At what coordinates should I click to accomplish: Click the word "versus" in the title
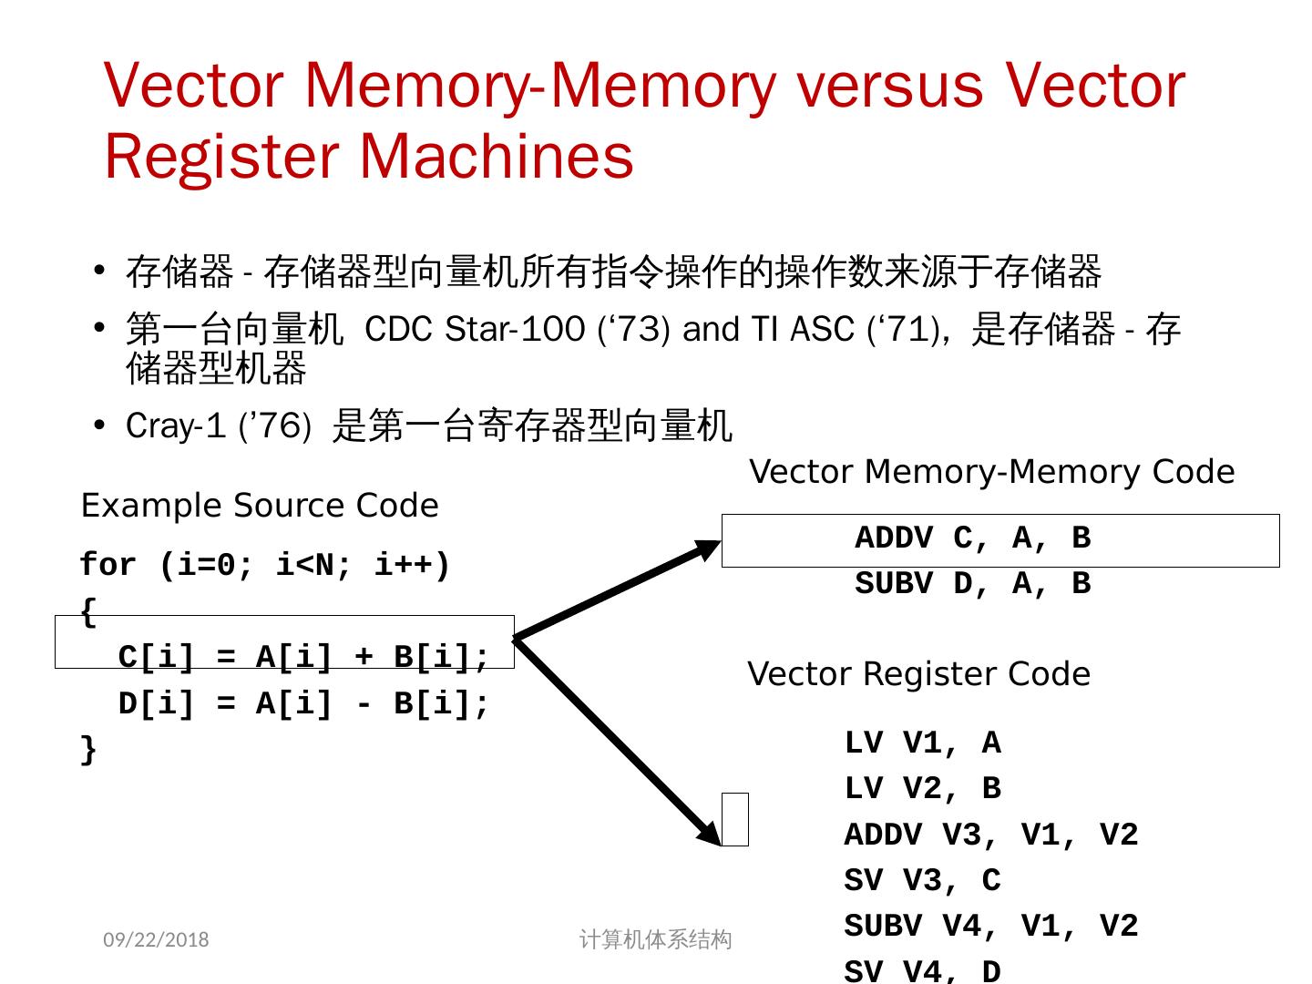(x=889, y=86)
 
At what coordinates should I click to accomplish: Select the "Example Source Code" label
(x=260, y=506)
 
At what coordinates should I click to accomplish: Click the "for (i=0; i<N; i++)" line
(x=265, y=566)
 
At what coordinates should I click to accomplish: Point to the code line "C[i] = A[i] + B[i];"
(x=303, y=657)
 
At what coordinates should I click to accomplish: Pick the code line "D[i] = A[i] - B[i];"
(x=303, y=703)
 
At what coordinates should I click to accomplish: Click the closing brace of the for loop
(x=88, y=750)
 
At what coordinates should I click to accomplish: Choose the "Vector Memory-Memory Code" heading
(x=991, y=472)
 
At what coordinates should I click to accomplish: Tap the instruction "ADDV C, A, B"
(x=972, y=538)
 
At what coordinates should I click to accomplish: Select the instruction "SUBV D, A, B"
(x=972, y=584)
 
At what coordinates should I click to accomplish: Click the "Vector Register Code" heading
(x=918, y=674)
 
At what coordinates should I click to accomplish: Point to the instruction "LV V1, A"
(x=922, y=743)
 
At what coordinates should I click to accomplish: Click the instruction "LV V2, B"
(x=922, y=789)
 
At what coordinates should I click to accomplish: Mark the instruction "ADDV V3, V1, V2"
(x=990, y=835)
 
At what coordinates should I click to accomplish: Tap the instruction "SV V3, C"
(x=922, y=880)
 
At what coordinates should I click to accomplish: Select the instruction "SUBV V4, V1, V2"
(x=990, y=926)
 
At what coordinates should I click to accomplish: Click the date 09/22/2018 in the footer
(x=156, y=940)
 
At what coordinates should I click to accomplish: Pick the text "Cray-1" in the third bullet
(x=175, y=426)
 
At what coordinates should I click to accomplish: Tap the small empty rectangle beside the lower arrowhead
(x=735, y=819)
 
